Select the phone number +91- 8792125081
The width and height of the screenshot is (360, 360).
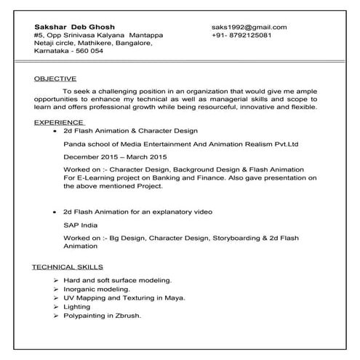point(242,36)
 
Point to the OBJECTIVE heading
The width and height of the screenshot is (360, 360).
point(56,78)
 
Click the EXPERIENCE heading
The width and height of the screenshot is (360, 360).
point(59,123)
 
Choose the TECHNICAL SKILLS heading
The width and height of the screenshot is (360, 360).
point(67,267)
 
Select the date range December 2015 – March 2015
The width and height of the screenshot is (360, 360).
point(115,156)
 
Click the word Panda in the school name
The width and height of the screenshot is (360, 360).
point(74,144)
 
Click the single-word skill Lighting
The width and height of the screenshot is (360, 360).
point(76,307)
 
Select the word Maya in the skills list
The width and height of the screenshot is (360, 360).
point(175,297)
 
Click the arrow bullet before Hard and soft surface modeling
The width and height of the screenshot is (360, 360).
point(56,280)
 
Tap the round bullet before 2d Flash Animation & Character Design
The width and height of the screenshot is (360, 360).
point(55,132)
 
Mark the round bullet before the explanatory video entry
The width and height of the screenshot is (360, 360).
point(55,212)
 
